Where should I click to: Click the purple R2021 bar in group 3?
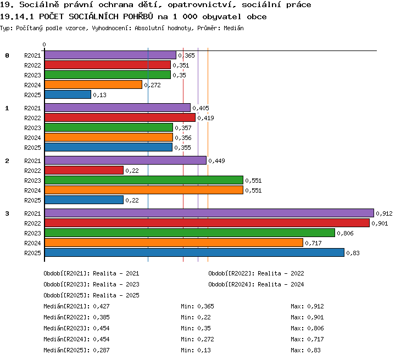pyautogui.click(x=209, y=213)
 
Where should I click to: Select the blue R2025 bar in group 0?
pyautogui.click(x=68, y=94)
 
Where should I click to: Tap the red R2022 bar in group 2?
pyautogui.click(x=84, y=170)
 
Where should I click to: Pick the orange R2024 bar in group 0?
pyautogui.click(x=93, y=85)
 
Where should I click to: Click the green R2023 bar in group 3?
pyautogui.click(x=190, y=233)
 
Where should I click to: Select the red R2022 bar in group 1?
pyautogui.click(x=120, y=117)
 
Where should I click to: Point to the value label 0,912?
pyautogui.click(x=384, y=213)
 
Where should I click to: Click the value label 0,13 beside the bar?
pyautogui.click(x=99, y=95)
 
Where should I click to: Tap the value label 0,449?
pyautogui.click(x=216, y=161)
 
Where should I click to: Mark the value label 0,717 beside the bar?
pyautogui.click(x=313, y=244)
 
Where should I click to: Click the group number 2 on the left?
pyautogui.click(x=7, y=161)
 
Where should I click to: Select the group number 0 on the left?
pyautogui.click(x=7, y=55)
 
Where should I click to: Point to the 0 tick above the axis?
pyautogui.click(x=44, y=44)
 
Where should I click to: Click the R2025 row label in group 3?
pyautogui.click(x=32, y=253)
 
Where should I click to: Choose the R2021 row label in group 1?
pyautogui.click(x=32, y=108)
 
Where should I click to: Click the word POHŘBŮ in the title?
pyautogui.click(x=138, y=16)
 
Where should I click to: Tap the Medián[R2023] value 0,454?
pyautogui.click(x=101, y=328)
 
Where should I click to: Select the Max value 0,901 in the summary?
pyautogui.click(x=315, y=317)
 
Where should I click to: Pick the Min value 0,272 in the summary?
pyautogui.click(x=205, y=339)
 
